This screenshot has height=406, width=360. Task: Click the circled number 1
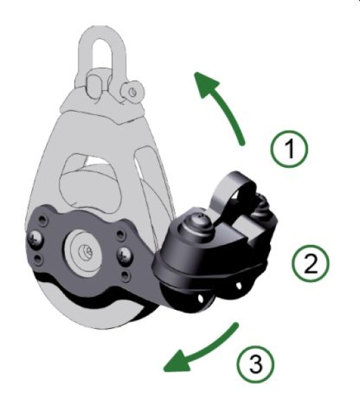(292, 148)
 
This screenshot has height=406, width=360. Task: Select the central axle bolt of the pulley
(87, 251)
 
